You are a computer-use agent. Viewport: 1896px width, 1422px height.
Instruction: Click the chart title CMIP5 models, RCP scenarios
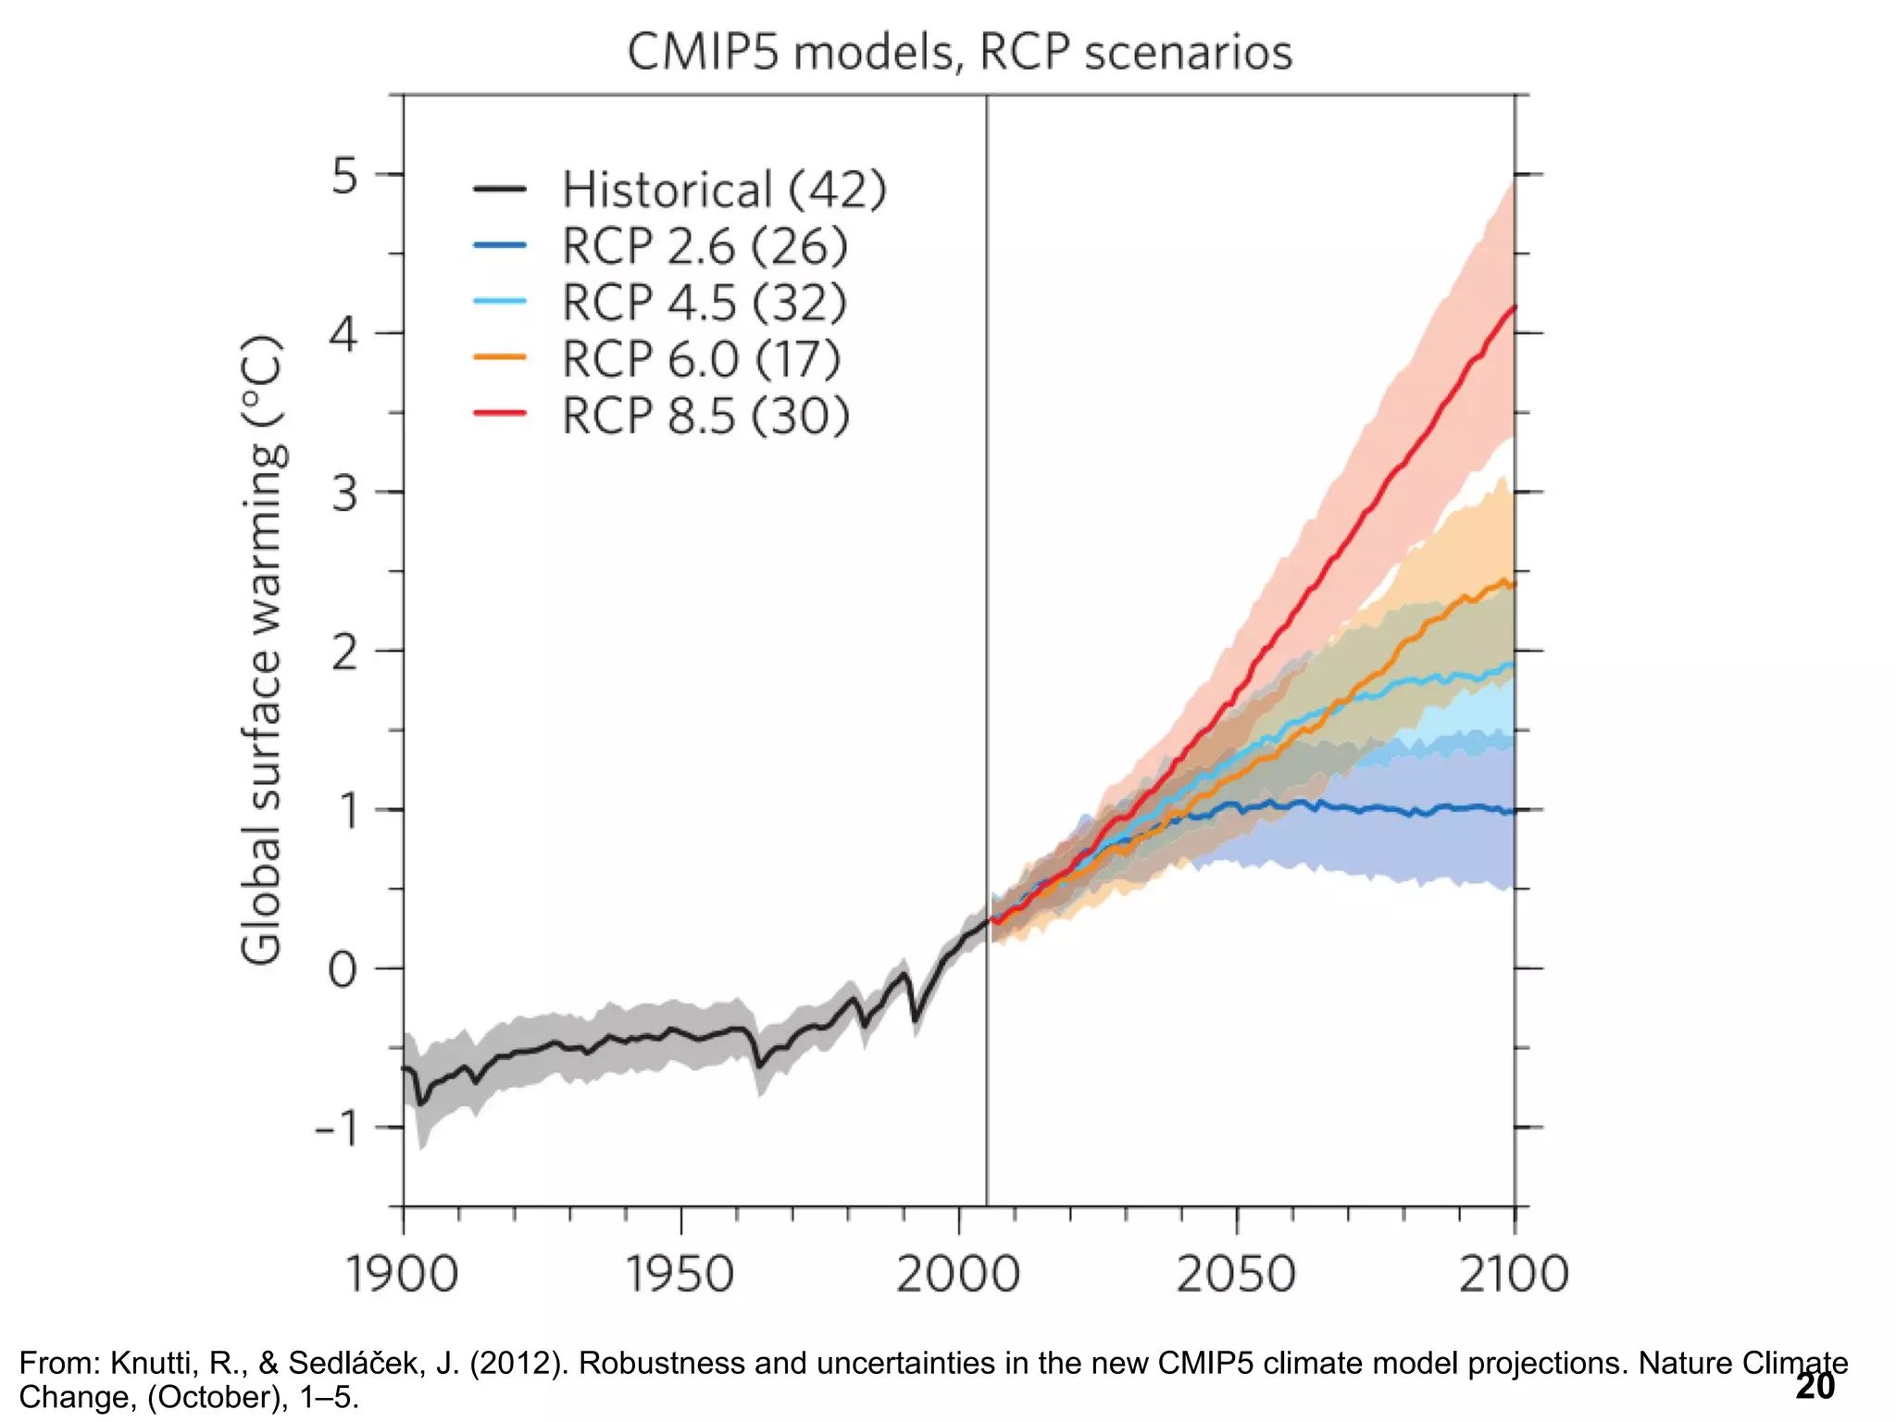(959, 52)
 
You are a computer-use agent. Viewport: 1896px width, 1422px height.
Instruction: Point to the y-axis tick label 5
(344, 175)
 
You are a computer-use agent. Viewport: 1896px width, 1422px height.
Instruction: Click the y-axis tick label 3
(344, 493)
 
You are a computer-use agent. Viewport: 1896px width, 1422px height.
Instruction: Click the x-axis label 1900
(402, 1274)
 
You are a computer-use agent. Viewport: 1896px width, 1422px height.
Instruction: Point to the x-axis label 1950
(680, 1274)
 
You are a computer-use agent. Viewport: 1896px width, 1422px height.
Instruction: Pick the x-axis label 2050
(1236, 1274)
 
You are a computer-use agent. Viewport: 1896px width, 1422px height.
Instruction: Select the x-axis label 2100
(1514, 1274)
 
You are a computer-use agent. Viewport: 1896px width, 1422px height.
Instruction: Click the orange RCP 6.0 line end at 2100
(1514, 584)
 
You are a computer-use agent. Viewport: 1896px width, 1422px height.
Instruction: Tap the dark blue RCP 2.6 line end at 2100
(1514, 811)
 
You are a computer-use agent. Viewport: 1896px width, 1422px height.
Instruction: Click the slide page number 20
(1815, 1386)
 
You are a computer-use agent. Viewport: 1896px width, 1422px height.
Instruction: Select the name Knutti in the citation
(148, 1363)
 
